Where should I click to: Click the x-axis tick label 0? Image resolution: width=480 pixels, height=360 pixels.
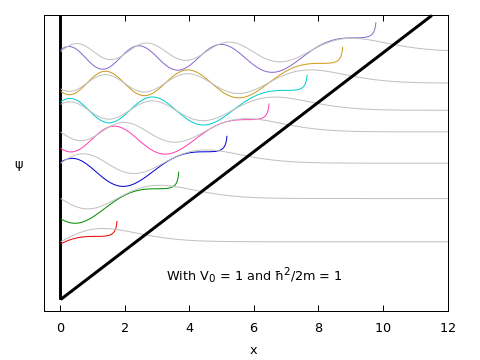[60, 327]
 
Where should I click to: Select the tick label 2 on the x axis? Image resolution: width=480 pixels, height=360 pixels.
[125, 327]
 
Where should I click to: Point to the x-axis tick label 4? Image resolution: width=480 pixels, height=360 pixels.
[190, 327]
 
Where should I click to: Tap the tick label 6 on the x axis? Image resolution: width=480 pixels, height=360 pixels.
[254, 327]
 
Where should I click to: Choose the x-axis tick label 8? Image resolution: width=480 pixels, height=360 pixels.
[319, 327]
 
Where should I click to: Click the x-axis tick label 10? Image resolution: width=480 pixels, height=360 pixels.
[383, 327]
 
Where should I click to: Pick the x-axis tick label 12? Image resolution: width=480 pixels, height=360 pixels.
[448, 327]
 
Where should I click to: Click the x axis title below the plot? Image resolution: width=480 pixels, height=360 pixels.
[253, 349]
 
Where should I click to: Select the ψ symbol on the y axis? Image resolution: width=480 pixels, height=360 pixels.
[19, 165]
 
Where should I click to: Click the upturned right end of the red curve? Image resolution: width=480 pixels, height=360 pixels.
[117, 222]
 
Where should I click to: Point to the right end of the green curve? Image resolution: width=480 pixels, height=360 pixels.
[178, 172]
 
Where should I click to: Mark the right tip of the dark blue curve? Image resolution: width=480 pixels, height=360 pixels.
[227, 137]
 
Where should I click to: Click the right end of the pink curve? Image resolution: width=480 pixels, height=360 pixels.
[269, 104]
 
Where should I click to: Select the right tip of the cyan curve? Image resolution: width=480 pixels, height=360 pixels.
[307, 75]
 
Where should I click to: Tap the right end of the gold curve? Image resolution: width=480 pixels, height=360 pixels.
[342, 47]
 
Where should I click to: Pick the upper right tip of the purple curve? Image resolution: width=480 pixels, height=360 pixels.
[376, 23]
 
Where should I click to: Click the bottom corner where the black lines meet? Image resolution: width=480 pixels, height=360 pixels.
[61, 298]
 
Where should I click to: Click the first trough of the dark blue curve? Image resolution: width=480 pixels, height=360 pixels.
[123, 186]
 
